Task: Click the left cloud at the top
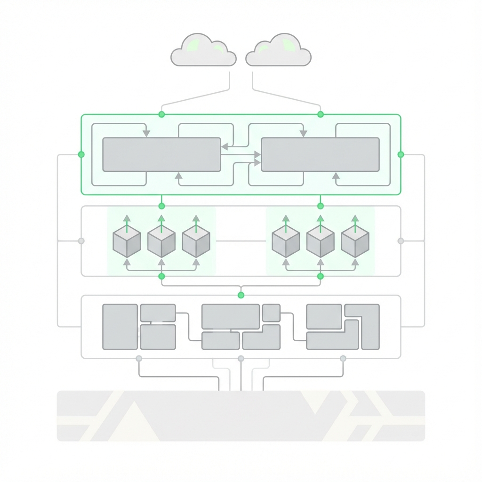(203, 51)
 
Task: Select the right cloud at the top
(279, 51)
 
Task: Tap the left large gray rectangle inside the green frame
(161, 154)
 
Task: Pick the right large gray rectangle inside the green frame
(320, 154)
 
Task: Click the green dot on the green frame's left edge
(81, 154)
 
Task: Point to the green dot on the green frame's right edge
(401, 154)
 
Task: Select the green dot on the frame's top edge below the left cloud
(161, 114)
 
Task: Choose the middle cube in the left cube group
(161, 241)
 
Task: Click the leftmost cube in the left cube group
(127, 241)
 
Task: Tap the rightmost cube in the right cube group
(355, 241)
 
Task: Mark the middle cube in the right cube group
(320, 241)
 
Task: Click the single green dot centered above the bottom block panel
(241, 295)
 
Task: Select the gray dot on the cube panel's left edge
(81, 241)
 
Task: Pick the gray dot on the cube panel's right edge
(401, 241)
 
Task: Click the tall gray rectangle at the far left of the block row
(120, 327)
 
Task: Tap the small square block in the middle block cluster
(271, 313)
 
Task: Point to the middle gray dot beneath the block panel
(241, 359)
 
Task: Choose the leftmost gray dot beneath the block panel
(139, 359)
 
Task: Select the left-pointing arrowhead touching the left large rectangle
(224, 146)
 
